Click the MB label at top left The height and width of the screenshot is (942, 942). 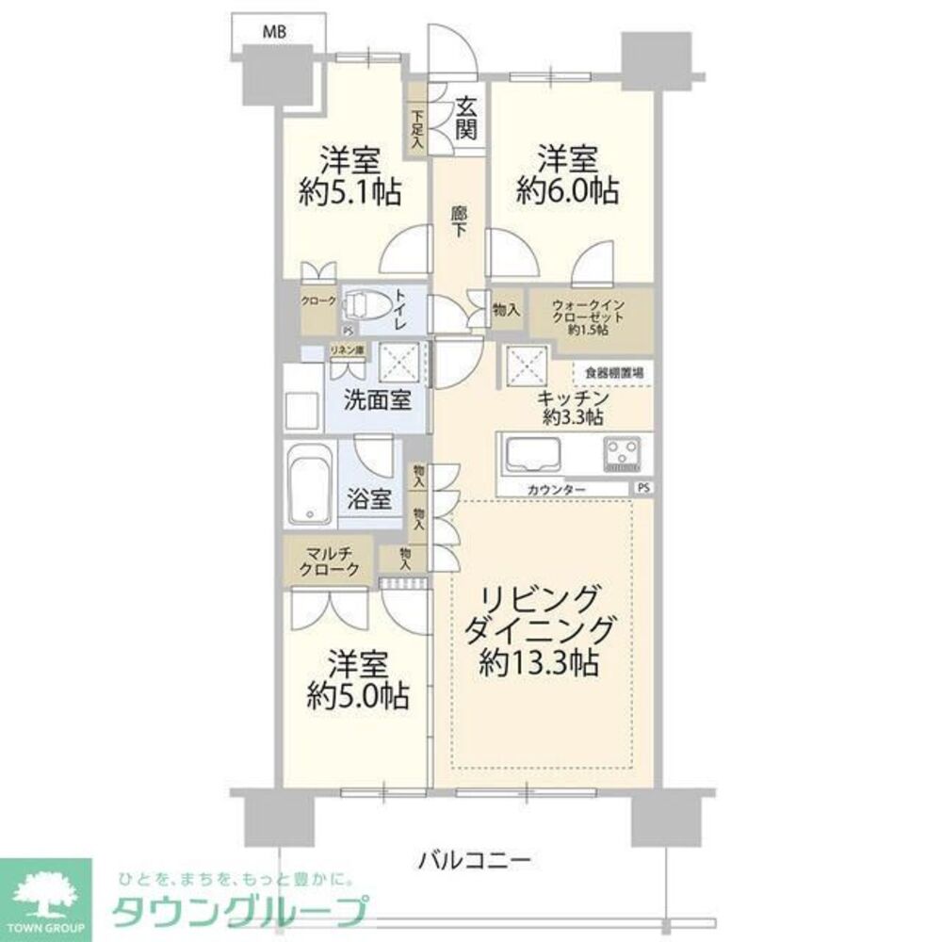(x=274, y=32)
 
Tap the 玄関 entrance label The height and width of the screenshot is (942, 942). (x=465, y=119)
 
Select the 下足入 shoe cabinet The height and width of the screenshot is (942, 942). (x=416, y=129)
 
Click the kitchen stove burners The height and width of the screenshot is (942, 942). (x=623, y=453)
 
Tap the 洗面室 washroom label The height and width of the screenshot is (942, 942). (x=376, y=398)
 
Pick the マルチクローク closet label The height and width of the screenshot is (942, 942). (x=329, y=561)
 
